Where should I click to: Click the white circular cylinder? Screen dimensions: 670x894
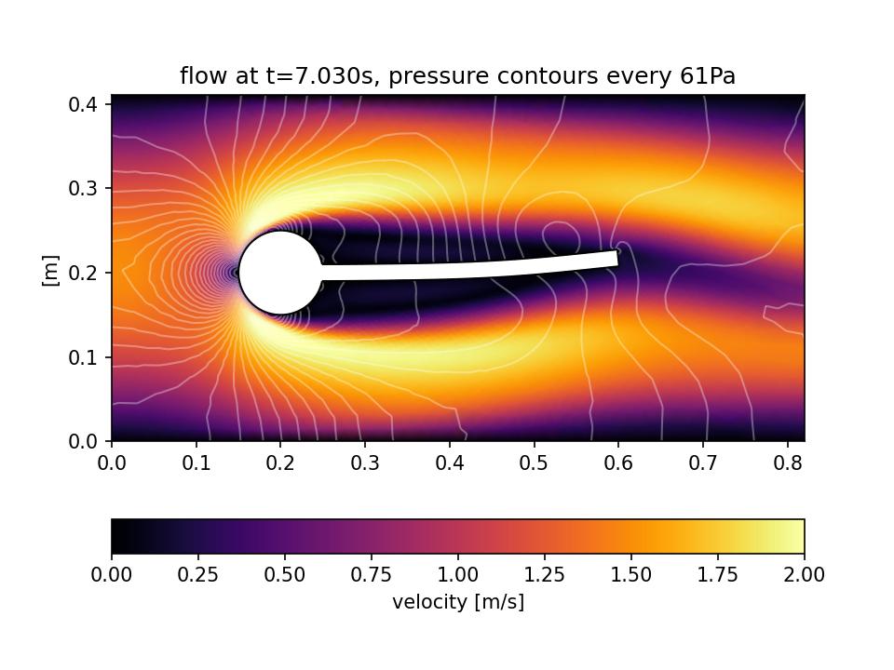280,273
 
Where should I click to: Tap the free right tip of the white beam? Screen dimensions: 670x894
615,258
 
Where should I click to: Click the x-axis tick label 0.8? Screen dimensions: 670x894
787,462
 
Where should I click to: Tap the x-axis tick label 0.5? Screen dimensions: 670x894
534,462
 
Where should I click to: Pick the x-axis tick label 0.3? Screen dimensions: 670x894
365,462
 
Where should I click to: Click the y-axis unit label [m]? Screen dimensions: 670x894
51,270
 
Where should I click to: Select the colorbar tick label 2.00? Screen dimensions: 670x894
804,575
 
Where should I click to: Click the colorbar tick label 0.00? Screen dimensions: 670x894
112,575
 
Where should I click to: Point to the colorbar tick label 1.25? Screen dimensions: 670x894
545,575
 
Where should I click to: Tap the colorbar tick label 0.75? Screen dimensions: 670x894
372,575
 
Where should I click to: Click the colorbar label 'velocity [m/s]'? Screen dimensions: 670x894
458,602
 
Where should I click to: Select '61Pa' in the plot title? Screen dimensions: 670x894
707,76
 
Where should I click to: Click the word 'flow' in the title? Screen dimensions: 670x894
198,76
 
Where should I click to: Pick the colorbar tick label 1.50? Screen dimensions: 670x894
631,575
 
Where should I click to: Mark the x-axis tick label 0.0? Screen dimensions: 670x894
112,462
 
